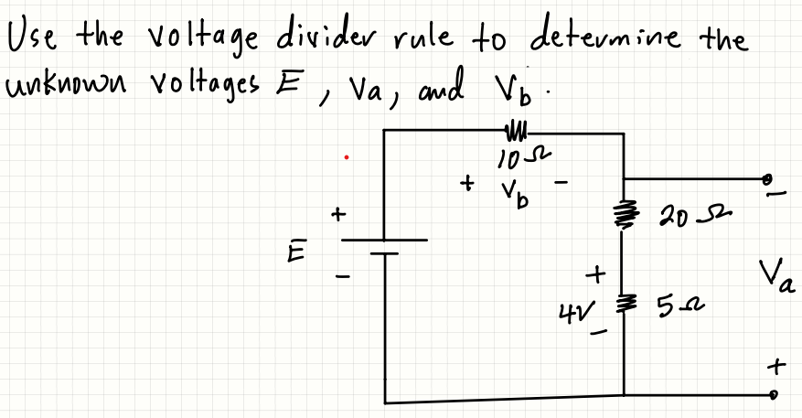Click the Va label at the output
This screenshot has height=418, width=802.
775,276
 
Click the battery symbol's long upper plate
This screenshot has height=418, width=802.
385,241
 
